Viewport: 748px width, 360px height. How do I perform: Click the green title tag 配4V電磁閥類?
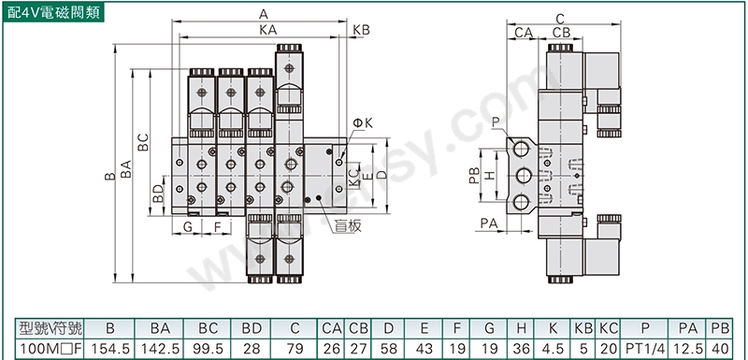point(53,12)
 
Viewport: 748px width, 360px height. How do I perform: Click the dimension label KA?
point(268,30)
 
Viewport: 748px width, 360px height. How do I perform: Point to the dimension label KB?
point(361,30)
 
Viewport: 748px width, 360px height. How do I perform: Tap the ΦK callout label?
point(363,123)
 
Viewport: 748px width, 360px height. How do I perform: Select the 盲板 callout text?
point(347,226)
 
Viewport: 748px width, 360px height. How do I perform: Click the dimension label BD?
point(158,194)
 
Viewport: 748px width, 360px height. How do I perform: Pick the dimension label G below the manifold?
point(188,227)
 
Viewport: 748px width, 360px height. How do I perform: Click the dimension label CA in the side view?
point(524,33)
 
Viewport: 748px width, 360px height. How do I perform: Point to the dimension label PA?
point(489,223)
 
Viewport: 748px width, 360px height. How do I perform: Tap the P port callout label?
point(496,122)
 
